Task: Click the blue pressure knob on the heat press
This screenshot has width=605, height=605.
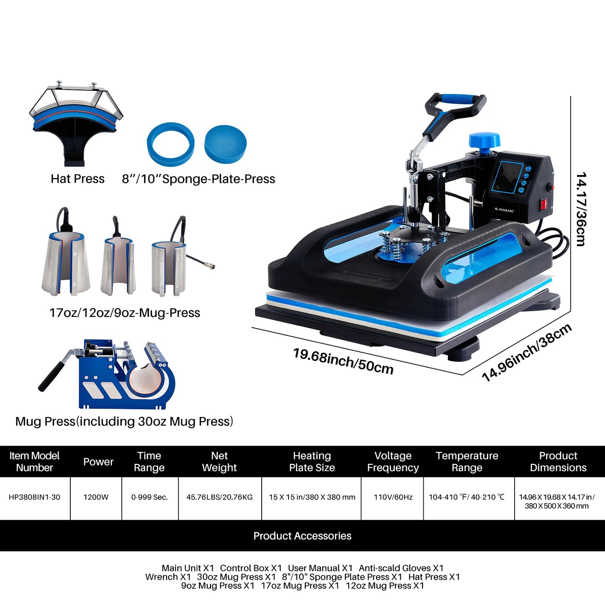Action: point(484,141)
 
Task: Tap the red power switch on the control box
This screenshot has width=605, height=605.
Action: point(544,204)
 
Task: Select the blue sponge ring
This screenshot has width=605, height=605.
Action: point(170,144)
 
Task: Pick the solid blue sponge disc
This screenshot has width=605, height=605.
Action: point(225,142)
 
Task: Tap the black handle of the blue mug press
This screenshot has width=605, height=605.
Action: point(52,375)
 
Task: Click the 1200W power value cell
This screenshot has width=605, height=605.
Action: point(96,497)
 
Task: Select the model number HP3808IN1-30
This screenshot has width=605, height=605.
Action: point(34,497)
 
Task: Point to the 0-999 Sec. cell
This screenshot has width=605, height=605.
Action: point(149,497)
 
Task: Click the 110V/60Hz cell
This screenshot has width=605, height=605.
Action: point(393,497)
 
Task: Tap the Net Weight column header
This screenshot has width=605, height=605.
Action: point(219,461)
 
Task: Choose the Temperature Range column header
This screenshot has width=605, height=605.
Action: point(467,461)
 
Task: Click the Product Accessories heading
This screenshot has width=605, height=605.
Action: point(302,536)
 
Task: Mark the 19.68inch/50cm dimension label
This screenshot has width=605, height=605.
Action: point(343,360)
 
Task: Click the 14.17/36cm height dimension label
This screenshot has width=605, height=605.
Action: point(581,209)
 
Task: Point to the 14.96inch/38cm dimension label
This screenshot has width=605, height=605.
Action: point(527,353)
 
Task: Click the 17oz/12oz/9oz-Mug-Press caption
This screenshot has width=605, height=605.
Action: point(125,313)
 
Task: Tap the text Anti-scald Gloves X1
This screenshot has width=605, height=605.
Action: point(401,568)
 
